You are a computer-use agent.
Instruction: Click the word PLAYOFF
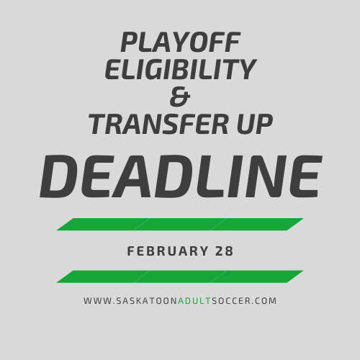tap(180, 42)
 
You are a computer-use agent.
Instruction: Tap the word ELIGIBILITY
tap(181, 69)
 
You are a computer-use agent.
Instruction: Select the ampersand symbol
tap(180, 96)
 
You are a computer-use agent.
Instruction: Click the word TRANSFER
tap(158, 124)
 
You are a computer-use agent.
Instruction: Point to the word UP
tap(255, 124)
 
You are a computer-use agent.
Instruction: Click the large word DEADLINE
tap(181, 176)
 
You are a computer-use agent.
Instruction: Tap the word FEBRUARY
tap(168, 251)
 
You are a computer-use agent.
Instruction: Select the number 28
tap(224, 251)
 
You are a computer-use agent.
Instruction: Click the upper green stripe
tap(180, 224)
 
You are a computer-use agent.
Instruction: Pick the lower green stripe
tap(180, 276)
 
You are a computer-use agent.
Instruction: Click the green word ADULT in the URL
tap(194, 301)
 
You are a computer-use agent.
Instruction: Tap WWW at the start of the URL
tap(96, 301)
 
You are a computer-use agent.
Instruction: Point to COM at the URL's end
tap(266, 301)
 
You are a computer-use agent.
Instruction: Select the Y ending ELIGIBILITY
tap(246, 69)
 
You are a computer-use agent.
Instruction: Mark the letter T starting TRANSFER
tap(99, 124)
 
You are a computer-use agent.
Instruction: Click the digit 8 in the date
tap(229, 251)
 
